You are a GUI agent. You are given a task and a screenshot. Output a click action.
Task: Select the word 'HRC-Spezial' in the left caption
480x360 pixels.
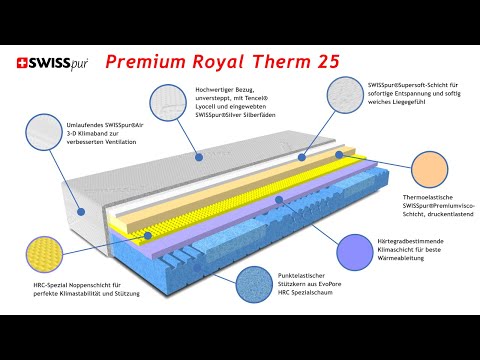pos(43,285)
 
